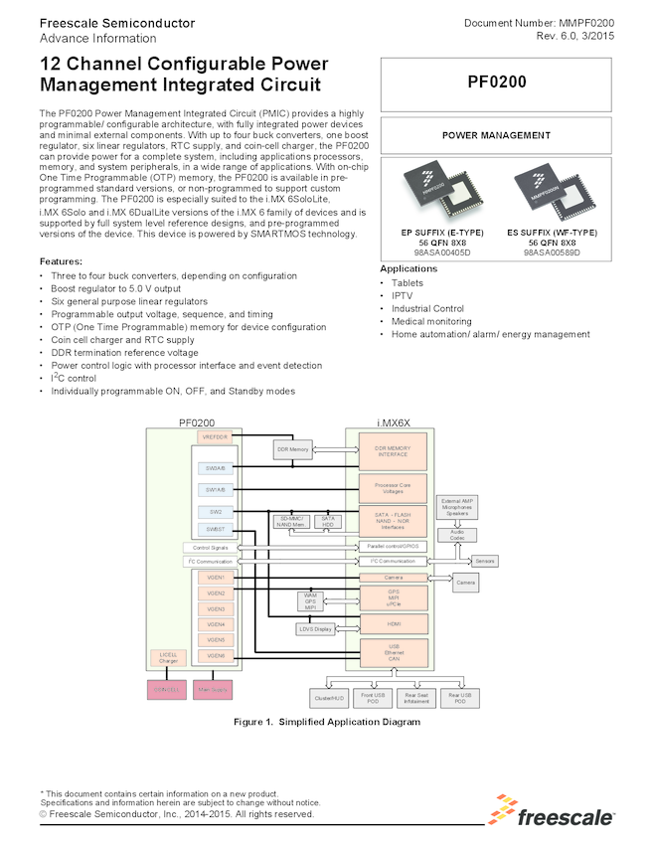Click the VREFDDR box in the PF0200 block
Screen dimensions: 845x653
(216, 436)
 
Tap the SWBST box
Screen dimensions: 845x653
(215, 528)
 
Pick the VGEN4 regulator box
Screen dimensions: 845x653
(215, 624)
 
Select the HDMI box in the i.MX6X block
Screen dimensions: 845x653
(394, 623)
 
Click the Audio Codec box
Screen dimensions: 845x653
(456, 535)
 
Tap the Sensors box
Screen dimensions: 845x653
(485, 561)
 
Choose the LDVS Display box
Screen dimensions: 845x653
(316, 628)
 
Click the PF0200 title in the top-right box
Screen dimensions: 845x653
(496, 84)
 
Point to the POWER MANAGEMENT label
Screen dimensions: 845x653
(496, 135)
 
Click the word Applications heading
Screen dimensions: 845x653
(408, 269)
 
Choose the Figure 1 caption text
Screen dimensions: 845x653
(326, 722)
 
